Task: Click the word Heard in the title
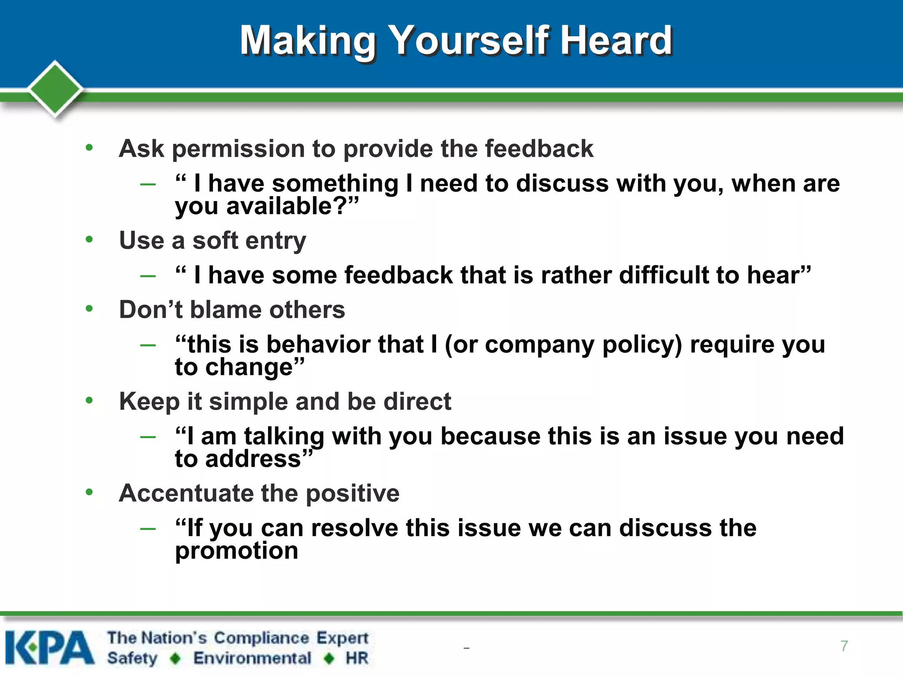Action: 616,41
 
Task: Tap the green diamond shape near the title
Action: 55,89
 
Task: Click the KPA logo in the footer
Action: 49,647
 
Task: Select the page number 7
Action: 844,646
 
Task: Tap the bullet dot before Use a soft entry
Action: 90,239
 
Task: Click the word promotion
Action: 236,551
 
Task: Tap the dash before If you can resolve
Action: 148,528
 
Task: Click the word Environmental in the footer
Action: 252,658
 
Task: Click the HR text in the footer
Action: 357,658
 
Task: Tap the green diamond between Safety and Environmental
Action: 175,658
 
